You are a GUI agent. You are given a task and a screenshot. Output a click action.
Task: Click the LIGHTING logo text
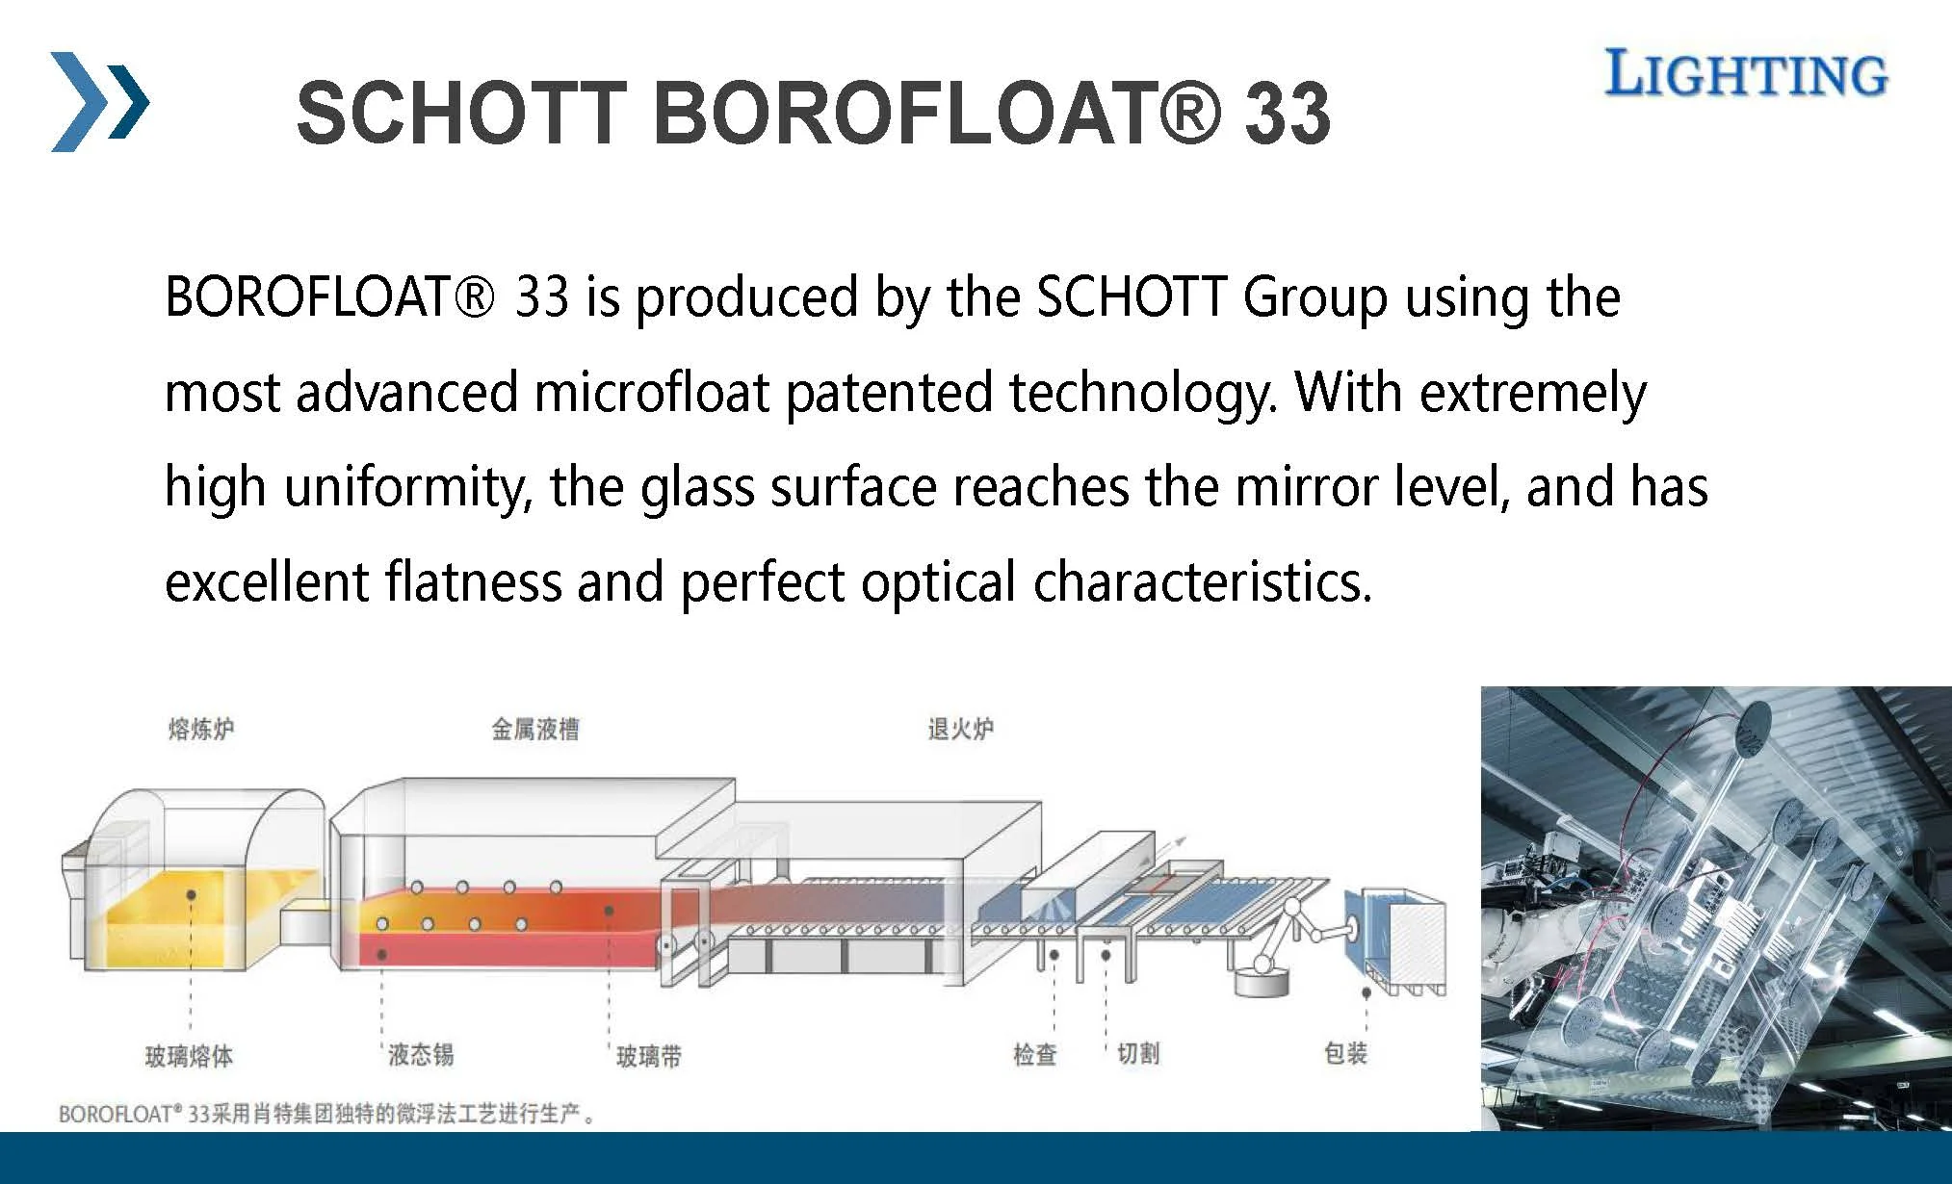[1745, 74]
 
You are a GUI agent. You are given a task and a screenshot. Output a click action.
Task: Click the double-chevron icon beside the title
[100, 101]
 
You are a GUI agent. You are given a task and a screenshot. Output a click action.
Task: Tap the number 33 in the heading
[1288, 114]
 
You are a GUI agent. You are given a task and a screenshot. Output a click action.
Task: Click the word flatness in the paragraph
[473, 581]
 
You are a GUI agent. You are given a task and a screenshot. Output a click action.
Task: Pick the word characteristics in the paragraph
[1202, 581]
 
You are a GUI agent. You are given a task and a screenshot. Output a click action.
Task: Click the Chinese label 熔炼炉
[200, 729]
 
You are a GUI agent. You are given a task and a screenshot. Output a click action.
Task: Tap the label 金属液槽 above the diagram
[535, 729]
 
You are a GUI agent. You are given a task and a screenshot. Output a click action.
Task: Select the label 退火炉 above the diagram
[960, 729]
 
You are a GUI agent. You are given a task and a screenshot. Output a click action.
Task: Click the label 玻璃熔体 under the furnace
[189, 1056]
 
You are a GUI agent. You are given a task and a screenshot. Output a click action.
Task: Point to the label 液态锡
[420, 1054]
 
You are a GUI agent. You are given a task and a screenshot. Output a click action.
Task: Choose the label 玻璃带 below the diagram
[648, 1056]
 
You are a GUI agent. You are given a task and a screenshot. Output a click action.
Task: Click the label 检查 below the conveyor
[1035, 1054]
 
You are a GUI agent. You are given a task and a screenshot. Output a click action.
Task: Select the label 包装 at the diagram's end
[1345, 1053]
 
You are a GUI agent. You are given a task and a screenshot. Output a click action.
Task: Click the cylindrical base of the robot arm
[1262, 980]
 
